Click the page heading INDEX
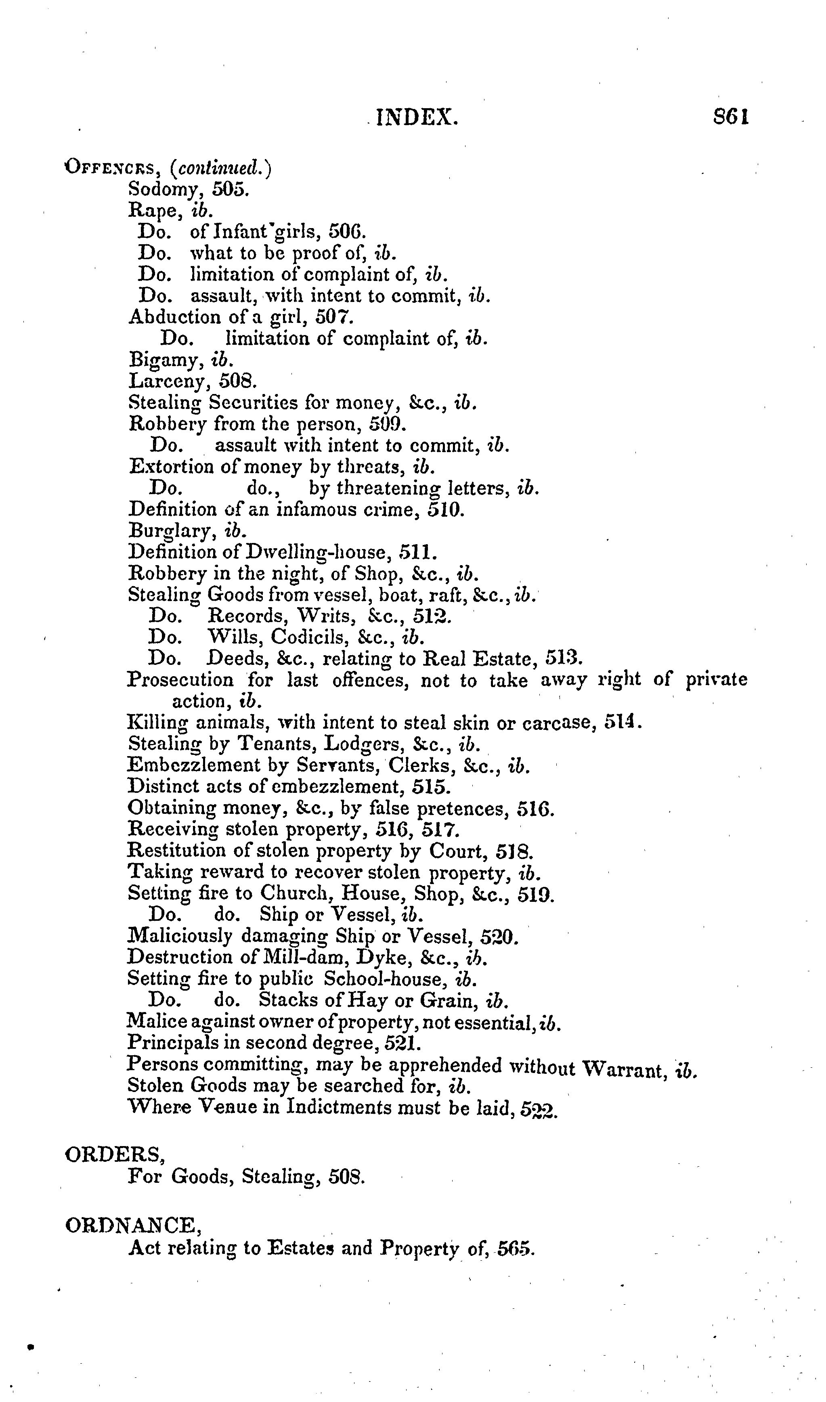point(417,118)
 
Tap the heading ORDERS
point(114,1155)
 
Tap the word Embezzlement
point(193,766)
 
